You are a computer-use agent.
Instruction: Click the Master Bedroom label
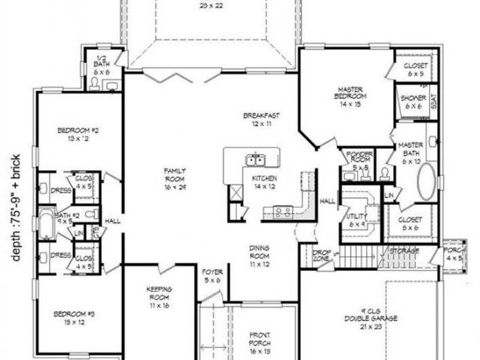[350, 97]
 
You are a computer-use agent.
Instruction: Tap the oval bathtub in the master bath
[426, 181]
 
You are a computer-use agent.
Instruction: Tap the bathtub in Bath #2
[47, 225]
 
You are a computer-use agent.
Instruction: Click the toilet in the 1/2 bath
[95, 83]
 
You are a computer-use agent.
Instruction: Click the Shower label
[413, 102]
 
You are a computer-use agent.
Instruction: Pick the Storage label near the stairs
[404, 251]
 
